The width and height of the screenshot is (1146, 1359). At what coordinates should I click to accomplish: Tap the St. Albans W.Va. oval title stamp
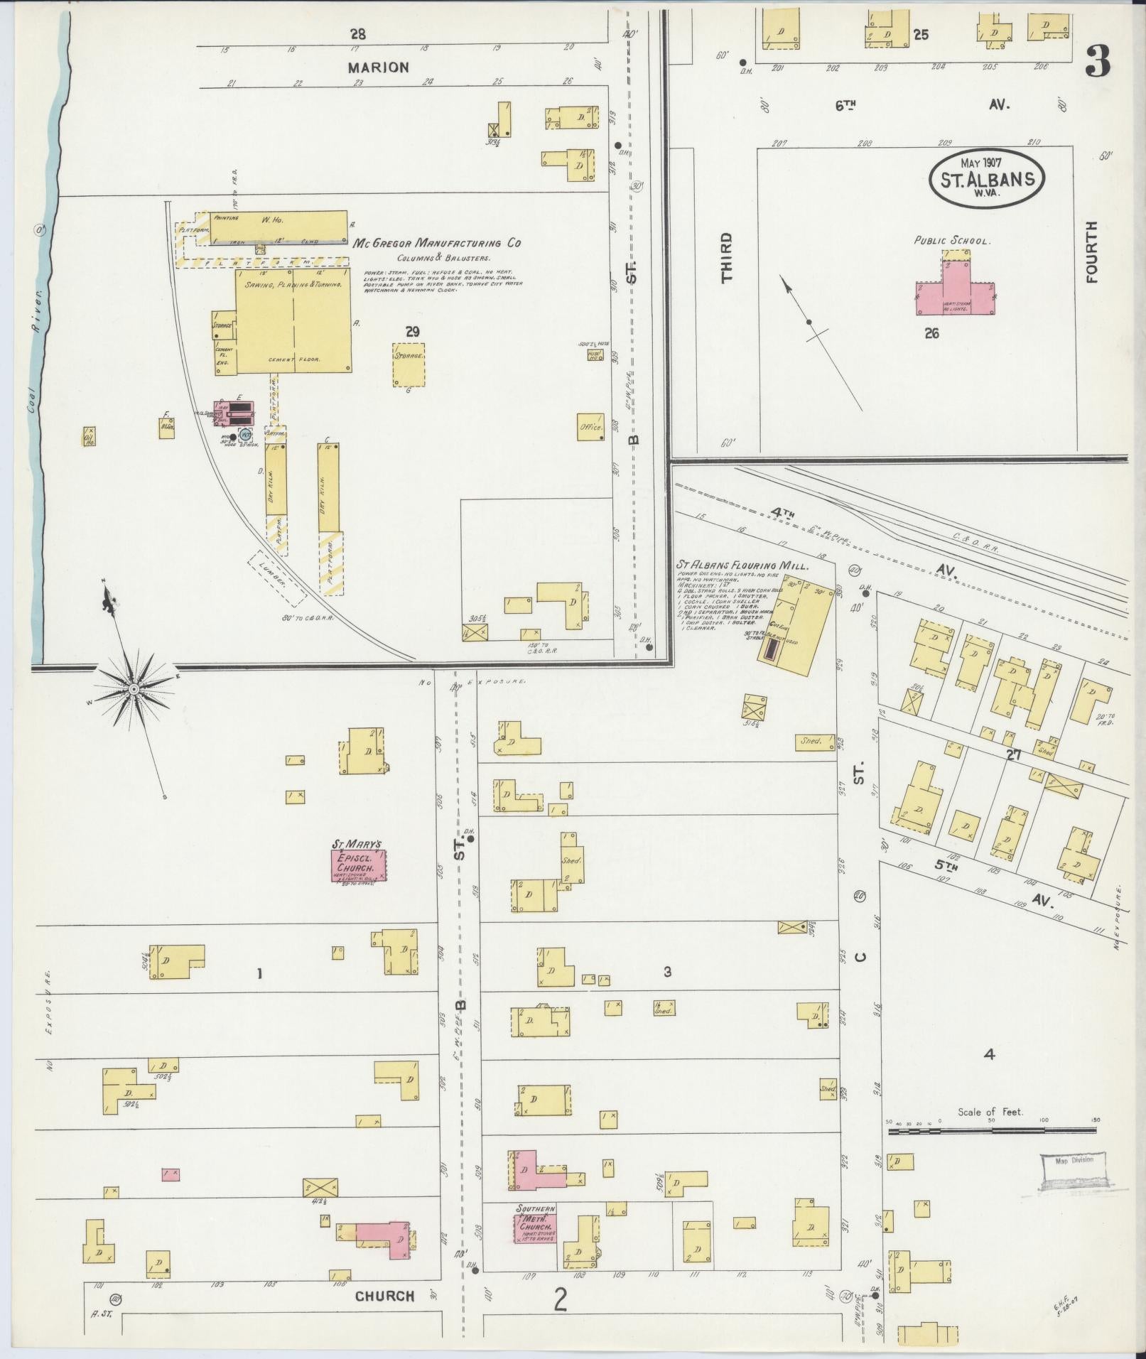(x=987, y=178)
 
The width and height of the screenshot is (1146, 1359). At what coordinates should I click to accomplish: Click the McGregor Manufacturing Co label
(x=436, y=243)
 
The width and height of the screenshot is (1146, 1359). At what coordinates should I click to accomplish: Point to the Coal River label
(x=33, y=320)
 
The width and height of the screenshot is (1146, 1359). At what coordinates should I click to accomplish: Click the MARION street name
(x=378, y=67)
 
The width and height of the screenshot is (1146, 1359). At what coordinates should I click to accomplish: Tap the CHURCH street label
(x=384, y=1296)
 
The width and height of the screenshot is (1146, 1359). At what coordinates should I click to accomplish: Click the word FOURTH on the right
(x=1092, y=252)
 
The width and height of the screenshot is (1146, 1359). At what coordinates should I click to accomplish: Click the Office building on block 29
(x=590, y=427)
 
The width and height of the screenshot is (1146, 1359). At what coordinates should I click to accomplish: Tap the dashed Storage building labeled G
(x=409, y=364)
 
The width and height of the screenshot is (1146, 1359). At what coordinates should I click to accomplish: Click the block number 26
(x=931, y=332)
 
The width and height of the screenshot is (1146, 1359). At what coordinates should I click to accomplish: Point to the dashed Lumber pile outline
(x=277, y=579)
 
